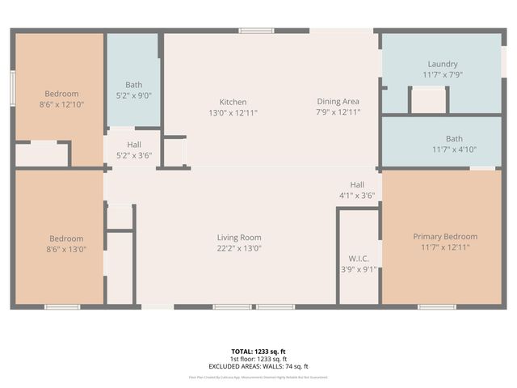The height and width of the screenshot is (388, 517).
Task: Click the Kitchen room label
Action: pyautogui.click(x=233, y=102)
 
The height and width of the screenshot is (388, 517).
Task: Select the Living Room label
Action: pyautogui.click(x=238, y=238)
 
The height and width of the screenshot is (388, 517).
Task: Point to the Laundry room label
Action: pyautogui.click(x=442, y=64)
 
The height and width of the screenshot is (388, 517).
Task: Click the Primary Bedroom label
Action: pyautogui.click(x=445, y=237)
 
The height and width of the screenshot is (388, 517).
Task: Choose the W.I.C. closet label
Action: pyautogui.click(x=358, y=259)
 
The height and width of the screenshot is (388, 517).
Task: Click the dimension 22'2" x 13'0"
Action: pyautogui.click(x=238, y=249)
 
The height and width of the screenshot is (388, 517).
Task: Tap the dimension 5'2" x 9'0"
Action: pyautogui.click(x=133, y=95)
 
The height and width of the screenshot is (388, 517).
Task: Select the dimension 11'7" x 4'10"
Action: pyautogui.click(x=442, y=149)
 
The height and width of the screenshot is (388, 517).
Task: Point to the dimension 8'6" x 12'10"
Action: pyautogui.click(x=62, y=104)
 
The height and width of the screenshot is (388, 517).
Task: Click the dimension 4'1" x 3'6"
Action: pyautogui.click(x=357, y=196)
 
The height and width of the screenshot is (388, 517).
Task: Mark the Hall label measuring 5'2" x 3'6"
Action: pyautogui.click(x=133, y=144)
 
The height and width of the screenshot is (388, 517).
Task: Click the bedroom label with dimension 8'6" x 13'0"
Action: pyautogui.click(x=66, y=238)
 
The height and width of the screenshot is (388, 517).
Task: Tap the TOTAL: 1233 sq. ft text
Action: pyautogui.click(x=258, y=352)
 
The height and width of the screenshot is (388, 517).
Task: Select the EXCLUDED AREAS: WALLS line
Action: pyautogui.click(x=258, y=366)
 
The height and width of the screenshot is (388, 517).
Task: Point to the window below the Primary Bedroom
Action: pyautogui.click(x=437, y=306)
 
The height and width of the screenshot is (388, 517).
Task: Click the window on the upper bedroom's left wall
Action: pyautogui.click(x=12, y=85)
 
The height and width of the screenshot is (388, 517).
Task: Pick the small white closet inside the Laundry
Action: pyautogui.click(x=428, y=100)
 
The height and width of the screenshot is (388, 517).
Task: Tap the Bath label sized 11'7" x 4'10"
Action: pyautogui.click(x=454, y=138)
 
